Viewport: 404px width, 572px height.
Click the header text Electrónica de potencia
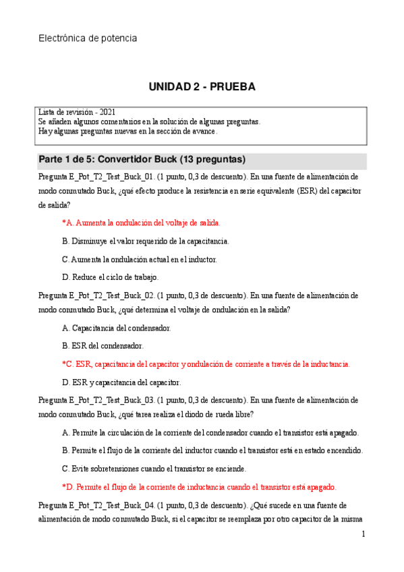click(88, 38)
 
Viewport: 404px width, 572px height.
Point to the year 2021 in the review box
click(111, 112)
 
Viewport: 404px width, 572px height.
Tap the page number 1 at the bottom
click(363, 534)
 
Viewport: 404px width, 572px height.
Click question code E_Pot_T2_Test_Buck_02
click(111, 295)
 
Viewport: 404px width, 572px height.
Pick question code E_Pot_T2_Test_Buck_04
click(111, 505)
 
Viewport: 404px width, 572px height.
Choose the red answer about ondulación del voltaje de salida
click(141, 222)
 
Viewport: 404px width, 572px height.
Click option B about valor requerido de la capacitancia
click(145, 240)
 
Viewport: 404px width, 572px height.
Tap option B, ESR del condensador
click(102, 345)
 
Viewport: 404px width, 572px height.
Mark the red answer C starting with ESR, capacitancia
click(206, 364)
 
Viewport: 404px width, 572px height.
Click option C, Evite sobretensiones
click(154, 468)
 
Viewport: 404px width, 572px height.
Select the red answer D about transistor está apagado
click(199, 486)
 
